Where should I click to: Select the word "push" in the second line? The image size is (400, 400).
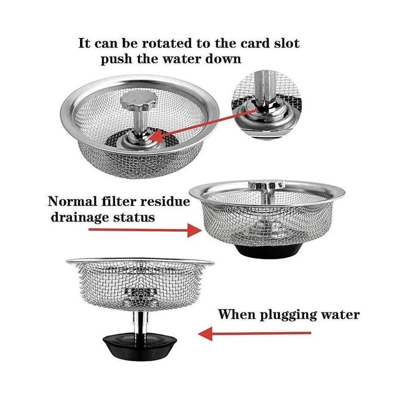117,59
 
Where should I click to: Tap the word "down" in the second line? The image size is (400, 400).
223,59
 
